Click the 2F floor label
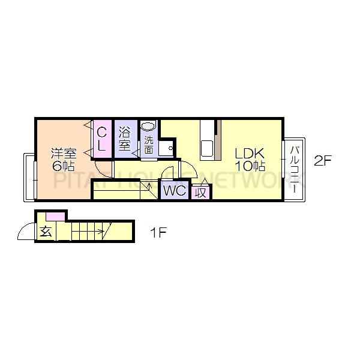click(323, 160)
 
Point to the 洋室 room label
click(62, 152)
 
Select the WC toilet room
click(174, 192)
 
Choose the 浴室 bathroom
click(125, 138)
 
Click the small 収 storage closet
click(201, 192)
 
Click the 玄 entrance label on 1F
click(45, 232)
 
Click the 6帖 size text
click(62, 166)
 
